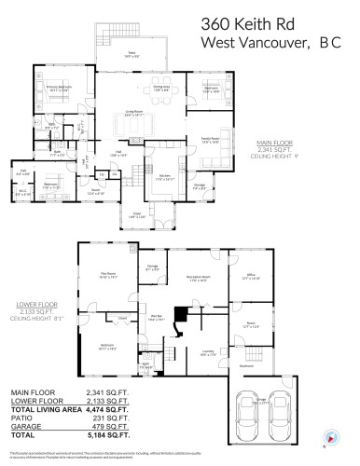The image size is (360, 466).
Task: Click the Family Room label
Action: pos(208,141)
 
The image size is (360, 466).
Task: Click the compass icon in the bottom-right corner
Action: pos(335,435)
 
